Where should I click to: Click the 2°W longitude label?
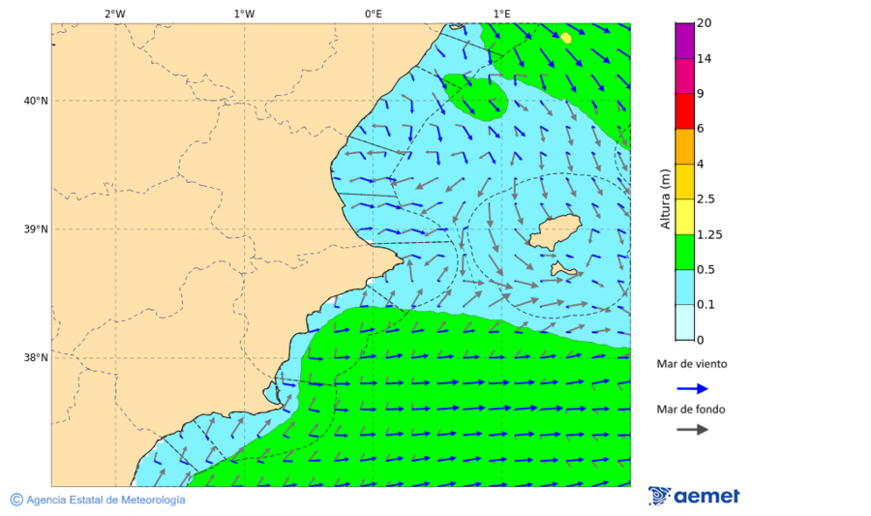tap(114, 14)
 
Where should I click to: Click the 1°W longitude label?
tap(244, 14)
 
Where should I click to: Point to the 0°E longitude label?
tap(373, 14)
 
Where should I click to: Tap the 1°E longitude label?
tap(501, 14)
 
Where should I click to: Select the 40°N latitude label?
tap(36, 101)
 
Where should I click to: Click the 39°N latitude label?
tap(36, 229)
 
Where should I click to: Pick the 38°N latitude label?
tap(36, 358)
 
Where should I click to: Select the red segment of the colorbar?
tap(685, 111)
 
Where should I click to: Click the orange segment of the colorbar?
tap(685, 146)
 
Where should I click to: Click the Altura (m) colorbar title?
tap(665, 198)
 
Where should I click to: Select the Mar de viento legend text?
tap(691, 365)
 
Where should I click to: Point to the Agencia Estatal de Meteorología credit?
tap(105, 500)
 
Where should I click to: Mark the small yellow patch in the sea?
tap(565, 38)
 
